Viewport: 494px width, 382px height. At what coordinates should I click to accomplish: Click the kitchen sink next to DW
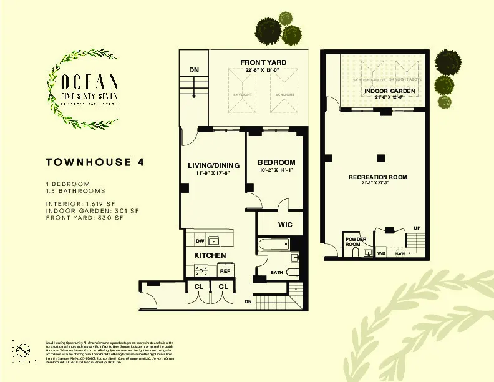(213, 240)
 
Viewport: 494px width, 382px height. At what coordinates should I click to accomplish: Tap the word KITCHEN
(209, 256)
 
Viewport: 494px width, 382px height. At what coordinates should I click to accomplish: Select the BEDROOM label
(276, 162)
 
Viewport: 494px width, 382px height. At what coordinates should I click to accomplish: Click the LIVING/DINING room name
(213, 165)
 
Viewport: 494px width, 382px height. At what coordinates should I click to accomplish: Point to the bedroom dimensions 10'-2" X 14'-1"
(276, 170)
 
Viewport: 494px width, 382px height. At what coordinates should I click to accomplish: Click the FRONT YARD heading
(263, 62)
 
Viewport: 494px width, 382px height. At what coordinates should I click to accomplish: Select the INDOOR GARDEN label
(389, 91)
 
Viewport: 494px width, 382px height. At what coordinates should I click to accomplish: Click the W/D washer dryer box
(380, 253)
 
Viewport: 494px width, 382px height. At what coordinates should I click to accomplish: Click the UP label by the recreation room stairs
(417, 228)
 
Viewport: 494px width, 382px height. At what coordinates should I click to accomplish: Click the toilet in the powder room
(367, 252)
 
